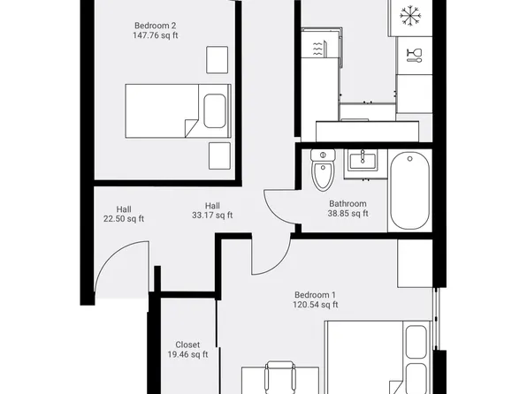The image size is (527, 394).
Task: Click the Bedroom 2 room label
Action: click(155, 26)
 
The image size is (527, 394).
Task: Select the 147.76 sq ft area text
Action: click(155, 36)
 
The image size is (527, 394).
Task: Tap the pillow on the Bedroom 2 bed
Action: click(216, 111)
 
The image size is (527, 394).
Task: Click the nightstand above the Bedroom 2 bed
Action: click(218, 59)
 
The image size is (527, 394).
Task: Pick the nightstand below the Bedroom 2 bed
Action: click(218, 155)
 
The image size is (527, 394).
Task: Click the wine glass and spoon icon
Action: click(413, 56)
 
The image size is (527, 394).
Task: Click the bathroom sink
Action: click(362, 161)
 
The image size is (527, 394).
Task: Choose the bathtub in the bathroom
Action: click(409, 189)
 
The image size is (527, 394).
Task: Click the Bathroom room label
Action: click(348, 203)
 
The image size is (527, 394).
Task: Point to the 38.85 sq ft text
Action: click(348, 214)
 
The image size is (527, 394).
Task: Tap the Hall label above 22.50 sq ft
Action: click(123, 208)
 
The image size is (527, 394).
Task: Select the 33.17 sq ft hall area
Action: click(212, 215)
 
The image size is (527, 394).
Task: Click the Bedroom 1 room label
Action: click(316, 294)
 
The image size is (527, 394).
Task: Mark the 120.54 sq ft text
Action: click(316, 305)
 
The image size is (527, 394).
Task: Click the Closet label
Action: click(187, 345)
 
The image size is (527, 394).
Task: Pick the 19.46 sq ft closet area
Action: click(187, 355)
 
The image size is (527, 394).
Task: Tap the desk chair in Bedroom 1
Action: click(279, 375)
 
